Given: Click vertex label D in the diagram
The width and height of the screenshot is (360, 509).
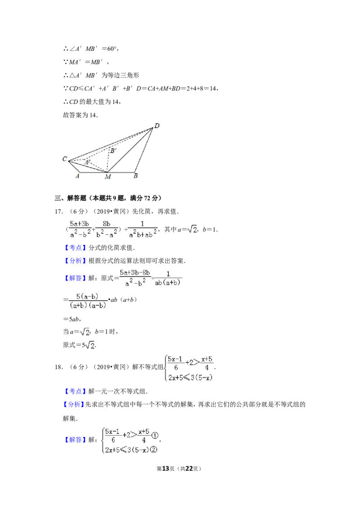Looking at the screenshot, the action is [157, 125].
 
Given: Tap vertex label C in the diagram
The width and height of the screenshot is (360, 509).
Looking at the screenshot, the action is [65, 159].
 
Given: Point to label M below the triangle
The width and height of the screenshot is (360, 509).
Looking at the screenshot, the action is [108, 177].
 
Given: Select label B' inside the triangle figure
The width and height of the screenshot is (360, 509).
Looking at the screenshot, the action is [113, 151].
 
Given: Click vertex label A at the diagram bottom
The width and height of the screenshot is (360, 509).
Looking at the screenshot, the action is [77, 176].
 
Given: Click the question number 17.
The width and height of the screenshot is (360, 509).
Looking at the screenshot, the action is [59, 212].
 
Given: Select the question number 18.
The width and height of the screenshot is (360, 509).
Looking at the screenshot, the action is [59, 367].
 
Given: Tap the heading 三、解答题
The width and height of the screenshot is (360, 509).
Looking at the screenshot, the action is [71, 198].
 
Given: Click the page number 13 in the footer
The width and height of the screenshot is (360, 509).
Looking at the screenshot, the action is [166, 469].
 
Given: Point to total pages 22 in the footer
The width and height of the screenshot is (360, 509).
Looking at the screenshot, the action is [189, 469].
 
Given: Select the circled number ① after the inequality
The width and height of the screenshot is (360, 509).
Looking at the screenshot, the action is [155, 436].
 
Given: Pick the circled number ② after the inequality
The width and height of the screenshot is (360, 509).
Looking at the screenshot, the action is [154, 450].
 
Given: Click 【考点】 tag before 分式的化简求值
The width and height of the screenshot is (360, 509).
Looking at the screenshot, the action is [75, 248].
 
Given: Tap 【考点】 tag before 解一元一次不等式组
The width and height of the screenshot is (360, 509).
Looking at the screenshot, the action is [75, 391].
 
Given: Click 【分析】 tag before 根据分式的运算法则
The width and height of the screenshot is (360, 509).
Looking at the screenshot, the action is [75, 261].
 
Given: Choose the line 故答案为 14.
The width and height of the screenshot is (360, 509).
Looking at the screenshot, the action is [80, 115].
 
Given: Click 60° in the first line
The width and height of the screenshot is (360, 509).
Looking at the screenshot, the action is [112, 49].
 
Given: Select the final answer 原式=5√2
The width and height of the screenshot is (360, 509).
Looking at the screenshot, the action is [79, 345].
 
